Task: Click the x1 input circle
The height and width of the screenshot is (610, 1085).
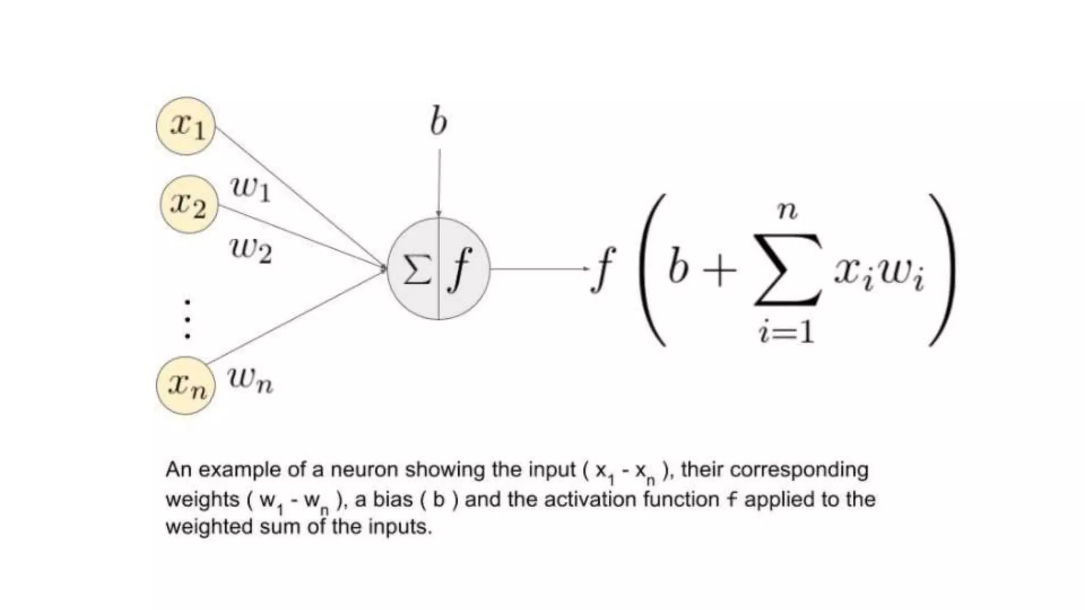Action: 186,126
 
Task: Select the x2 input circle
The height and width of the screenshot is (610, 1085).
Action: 189,204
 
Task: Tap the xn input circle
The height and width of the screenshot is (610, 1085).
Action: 186,385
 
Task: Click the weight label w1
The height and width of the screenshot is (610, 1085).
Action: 251,188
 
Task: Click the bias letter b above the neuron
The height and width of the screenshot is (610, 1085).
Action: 438,122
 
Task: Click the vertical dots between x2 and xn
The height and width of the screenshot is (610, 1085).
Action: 187,319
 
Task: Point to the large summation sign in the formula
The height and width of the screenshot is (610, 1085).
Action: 788,270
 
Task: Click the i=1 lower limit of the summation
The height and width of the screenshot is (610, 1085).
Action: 786,333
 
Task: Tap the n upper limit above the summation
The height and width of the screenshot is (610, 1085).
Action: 787,211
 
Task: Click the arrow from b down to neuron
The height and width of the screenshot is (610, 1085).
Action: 439,183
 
